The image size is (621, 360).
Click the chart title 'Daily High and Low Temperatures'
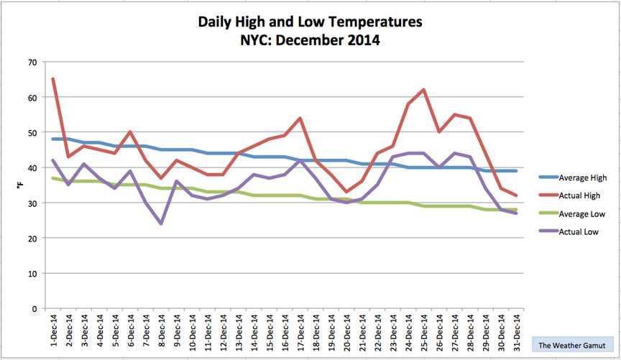(310, 22)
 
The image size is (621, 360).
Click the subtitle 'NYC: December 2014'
(310, 41)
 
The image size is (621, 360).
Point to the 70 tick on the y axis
(32, 63)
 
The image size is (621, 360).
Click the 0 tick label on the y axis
(34, 309)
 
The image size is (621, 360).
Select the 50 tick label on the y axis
(32, 133)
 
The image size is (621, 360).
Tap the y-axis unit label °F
(20, 185)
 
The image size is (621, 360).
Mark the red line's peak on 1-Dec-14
(53, 79)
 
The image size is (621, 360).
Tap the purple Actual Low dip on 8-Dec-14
(161, 223)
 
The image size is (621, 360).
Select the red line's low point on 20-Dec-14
(346, 192)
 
